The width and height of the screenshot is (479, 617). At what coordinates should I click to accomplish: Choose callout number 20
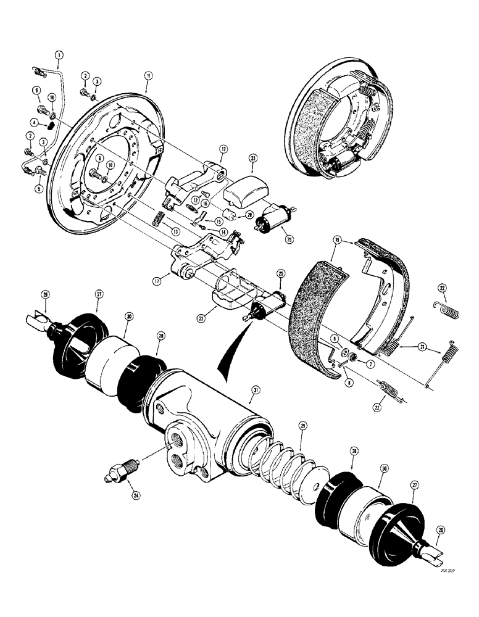249,215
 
